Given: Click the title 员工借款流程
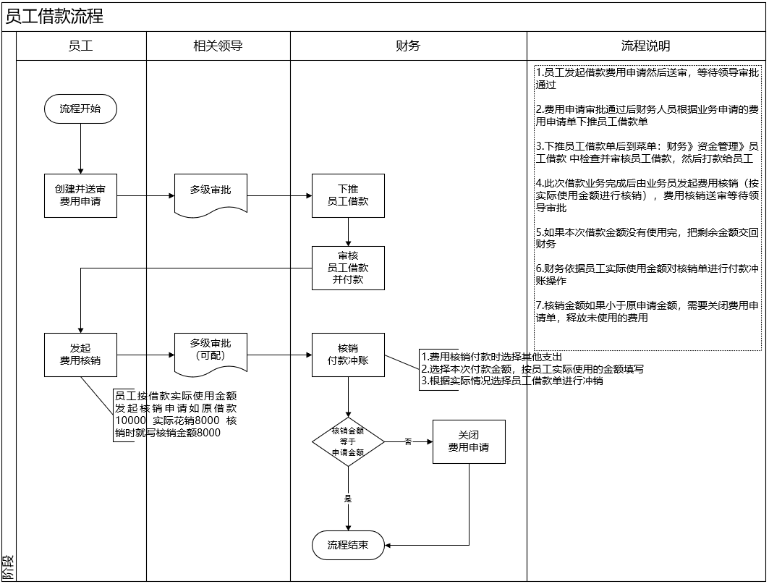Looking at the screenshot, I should [54, 17].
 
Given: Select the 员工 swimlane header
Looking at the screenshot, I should [80, 46].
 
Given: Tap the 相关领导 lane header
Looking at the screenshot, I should [218, 46].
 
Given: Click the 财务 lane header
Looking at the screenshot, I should [408, 46].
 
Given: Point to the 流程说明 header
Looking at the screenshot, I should [645, 46].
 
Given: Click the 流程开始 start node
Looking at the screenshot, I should [80, 109].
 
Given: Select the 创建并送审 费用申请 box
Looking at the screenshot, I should [80, 195].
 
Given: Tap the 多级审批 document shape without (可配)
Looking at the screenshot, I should [211, 192].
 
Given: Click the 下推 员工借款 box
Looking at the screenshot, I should [348, 195].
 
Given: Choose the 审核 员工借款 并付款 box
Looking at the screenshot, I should [348, 268].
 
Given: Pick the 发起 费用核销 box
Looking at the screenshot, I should [80, 355].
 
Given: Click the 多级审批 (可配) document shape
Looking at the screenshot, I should [211, 352].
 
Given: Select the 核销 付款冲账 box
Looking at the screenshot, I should [348, 355].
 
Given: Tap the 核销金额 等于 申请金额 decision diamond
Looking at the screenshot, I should [348, 441].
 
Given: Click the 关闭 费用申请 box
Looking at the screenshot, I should [468, 441].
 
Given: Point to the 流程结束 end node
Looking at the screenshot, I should [348, 545].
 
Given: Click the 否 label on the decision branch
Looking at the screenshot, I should [408, 441].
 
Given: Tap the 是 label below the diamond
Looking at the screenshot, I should [348, 499].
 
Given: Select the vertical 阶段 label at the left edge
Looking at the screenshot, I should [8, 565].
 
